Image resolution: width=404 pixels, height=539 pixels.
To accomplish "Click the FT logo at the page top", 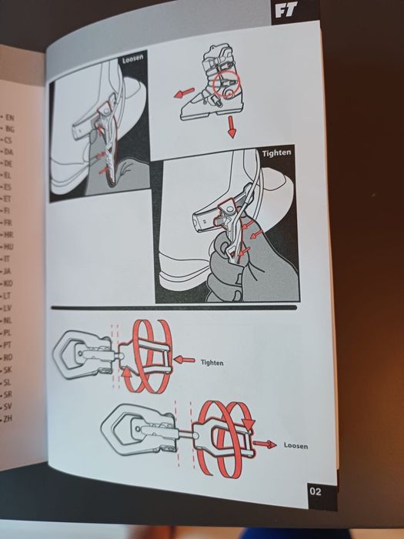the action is (x=285, y=10).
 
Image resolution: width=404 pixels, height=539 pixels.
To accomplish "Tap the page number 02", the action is (x=316, y=491).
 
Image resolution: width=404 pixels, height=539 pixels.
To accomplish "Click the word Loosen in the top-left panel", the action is (x=132, y=58).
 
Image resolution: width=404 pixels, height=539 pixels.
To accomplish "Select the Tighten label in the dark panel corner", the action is (x=276, y=152).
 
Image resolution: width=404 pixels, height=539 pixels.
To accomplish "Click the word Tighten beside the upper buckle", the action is (x=212, y=363).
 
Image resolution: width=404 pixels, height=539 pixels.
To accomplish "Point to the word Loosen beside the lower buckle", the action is (x=295, y=446).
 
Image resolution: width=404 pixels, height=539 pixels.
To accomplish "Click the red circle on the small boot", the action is (x=227, y=84).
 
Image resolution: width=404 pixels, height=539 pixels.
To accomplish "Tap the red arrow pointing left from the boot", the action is (x=184, y=93).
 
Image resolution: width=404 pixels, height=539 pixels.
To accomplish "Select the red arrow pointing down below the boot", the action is (x=231, y=126).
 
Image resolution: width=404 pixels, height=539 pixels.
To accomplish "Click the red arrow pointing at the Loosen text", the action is (x=265, y=444).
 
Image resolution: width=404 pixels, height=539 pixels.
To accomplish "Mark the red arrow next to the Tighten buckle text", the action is (x=185, y=360).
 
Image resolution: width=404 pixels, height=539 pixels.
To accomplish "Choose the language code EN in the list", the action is (x=9, y=118).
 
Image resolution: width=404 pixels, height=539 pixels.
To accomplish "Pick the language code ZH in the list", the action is (x=7, y=419).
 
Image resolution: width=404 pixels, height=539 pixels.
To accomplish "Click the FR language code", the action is (x=8, y=223).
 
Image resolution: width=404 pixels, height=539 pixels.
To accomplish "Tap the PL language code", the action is (x=7, y=333).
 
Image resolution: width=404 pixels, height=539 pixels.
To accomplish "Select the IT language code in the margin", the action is (x=6, y=259).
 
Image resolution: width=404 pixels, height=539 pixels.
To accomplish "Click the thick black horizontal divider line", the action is (x=174, y=308).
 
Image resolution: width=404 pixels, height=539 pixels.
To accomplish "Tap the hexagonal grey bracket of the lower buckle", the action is (x=119, y=429).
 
